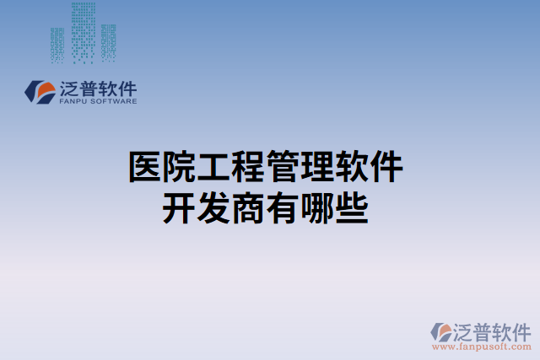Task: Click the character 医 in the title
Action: [144, 166]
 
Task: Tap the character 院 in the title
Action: [180, 166]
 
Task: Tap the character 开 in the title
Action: [179, 207]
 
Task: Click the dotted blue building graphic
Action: [82, 34]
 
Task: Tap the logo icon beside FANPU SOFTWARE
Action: [40, 92]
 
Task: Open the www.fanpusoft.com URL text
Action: [481, 346]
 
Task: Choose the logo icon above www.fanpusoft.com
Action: [440, 330]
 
